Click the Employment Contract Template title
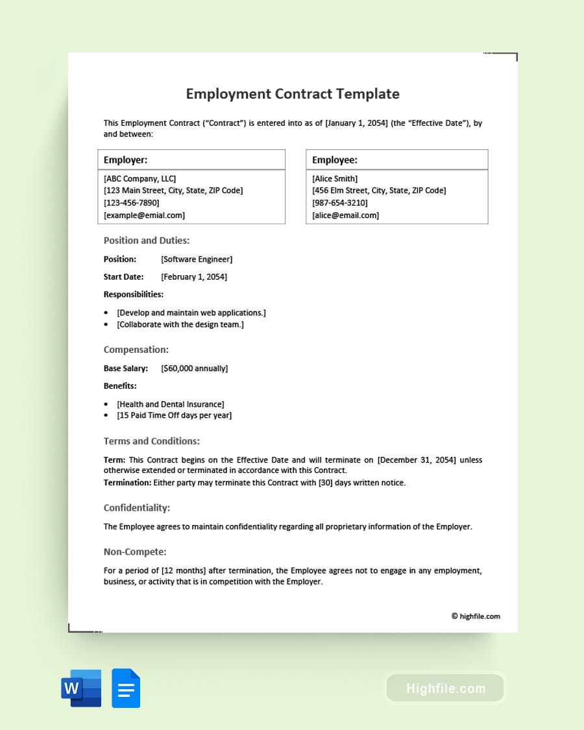tap(293, 94)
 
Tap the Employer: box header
tap(126, 160)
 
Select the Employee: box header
tap(335, 160)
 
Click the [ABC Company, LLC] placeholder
tap(140, 178)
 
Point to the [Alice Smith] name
tap(335, 178)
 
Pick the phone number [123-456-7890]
tap(131, 203)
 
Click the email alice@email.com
tap(345, 215)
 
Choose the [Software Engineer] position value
tap(197, 260)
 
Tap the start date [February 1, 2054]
tap(194, 277)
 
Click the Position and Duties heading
tap(147, 241)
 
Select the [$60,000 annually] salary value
tap(195, 369)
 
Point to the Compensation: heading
tap(136, 350)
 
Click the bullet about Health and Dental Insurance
tap(171, 404)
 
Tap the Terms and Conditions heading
tap(152, 441)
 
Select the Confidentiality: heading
tap(137, 508)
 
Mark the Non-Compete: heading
tap(135, 552)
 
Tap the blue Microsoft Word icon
tap(81, 688)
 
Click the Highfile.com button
tap(445, 688)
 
